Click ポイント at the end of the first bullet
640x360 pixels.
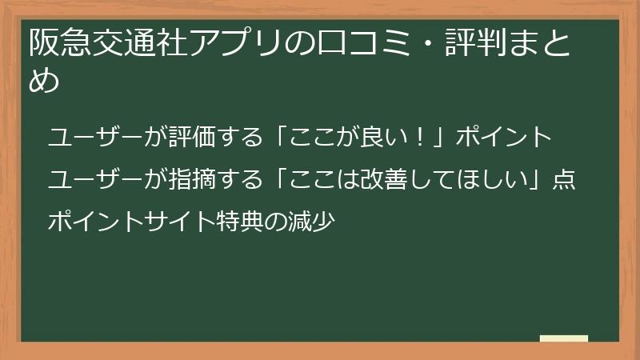504,138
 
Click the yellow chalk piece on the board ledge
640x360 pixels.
564,338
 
